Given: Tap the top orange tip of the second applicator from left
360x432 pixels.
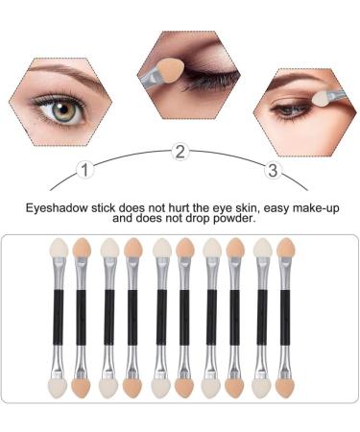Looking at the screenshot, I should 81,250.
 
